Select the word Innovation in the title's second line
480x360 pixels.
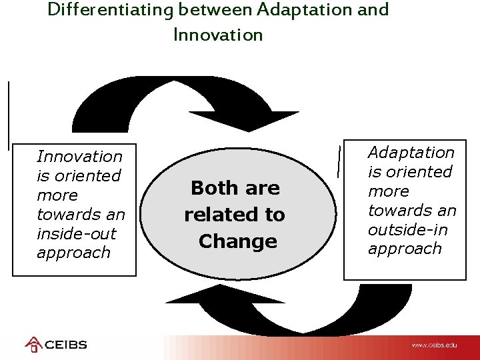click(218, 35)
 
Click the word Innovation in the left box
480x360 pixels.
click(79, 157)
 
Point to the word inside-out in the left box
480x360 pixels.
click(76, 234)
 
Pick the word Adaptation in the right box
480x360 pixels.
click(411, 153)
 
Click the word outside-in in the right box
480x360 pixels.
click(408, 229)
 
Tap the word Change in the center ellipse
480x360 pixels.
click(237, 241)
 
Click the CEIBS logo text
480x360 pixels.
click(66, 345)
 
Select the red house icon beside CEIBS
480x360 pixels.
click(33, 345)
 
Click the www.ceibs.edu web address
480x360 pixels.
click(434, 345)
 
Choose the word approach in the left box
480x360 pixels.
click(73, 253)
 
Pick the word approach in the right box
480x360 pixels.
click(405, 249)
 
